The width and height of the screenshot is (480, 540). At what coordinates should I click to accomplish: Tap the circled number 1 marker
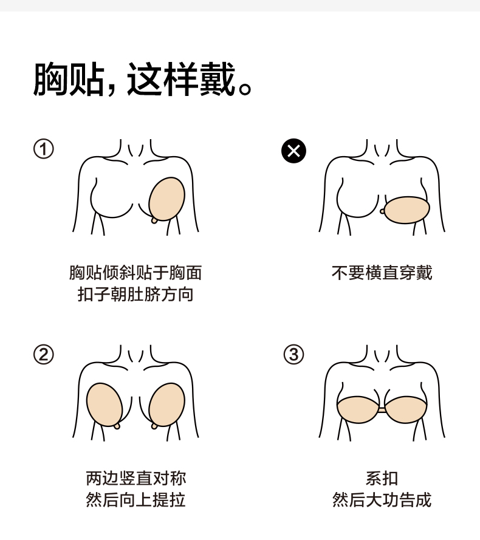[43, 149]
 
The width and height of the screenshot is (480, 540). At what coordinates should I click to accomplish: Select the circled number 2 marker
[43, 354]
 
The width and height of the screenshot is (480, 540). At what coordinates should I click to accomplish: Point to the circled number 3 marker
[293, 354]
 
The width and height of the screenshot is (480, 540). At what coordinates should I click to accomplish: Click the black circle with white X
[293, 151]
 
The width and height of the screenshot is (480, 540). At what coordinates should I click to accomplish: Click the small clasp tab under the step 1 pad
[156, 220]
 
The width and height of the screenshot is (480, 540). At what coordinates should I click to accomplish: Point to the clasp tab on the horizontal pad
[382, 211]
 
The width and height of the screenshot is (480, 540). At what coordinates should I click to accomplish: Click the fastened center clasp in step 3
[382, 411]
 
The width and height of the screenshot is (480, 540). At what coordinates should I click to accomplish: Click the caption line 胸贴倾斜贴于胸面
[135, 273]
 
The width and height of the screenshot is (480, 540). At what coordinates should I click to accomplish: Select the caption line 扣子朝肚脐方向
[135, 295]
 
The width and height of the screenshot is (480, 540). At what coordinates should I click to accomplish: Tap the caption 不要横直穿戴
[382, 273]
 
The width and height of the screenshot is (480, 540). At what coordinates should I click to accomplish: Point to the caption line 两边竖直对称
[135, 478]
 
